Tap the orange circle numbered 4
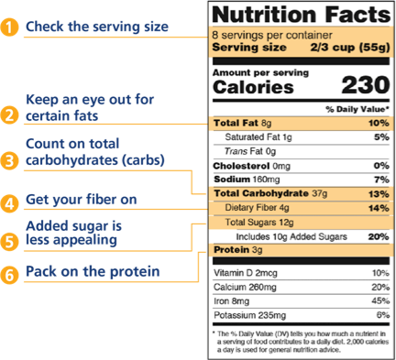[10, 202]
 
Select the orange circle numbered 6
[10, 272]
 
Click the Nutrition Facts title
[295, 15]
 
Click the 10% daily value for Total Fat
[376, 123]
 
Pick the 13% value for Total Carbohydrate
[376, 193]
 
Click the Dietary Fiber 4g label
[259, 208]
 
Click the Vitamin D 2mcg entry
[246, 273]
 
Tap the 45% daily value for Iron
[376, 300]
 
